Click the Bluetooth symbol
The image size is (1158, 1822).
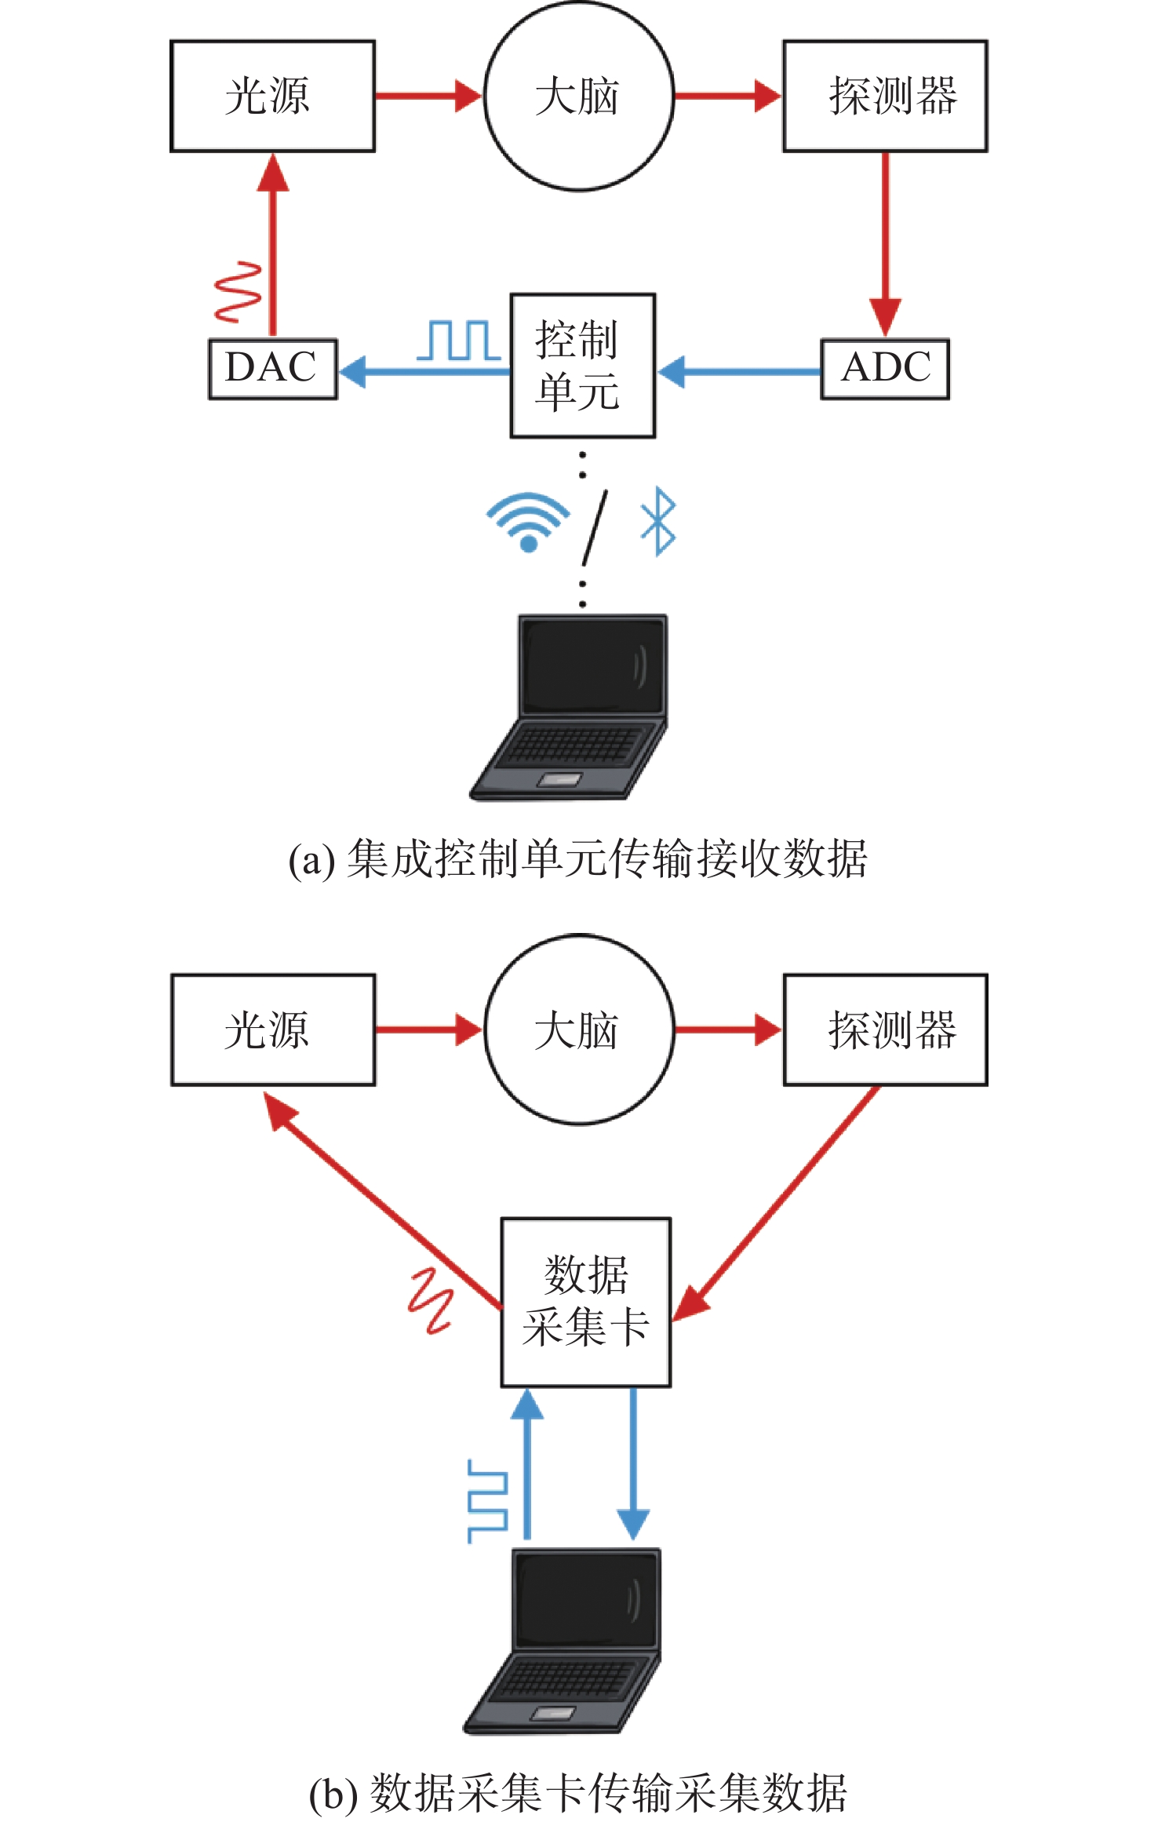pyautogui.click(x=657, y=521)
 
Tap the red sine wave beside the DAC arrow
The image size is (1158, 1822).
pyautogui.click(x=239, y=292)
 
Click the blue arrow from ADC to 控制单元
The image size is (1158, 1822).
pyautogui.click(x=739, y=371)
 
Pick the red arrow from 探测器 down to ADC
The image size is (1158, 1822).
pyautogui.click(x=886, y=245)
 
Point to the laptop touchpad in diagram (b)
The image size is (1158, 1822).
pyautogui.click(x=555, y=1713)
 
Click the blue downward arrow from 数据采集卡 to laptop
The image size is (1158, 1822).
pyautogui.click(x=632, y=1463)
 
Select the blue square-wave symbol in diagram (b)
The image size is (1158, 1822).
pyautogui.click(x=488, y=1500)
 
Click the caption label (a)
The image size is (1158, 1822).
pyautogui.click(x=311, y=860)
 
